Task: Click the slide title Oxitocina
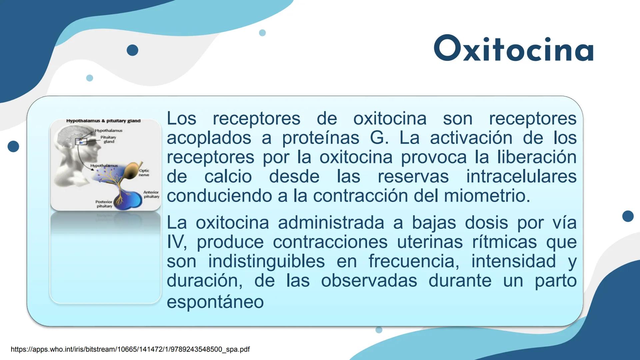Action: tap(514, 49)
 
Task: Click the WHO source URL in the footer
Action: tap(130, 349)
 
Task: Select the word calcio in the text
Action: tap(228, 176)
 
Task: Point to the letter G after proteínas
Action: tap(377, 138)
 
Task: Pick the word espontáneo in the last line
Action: tap(215, 302)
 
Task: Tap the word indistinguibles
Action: tap(266, 261)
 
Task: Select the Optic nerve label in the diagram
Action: tap(144, 173)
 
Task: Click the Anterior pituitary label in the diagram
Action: tap(151, 194)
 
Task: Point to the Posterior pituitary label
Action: tap(104, 204)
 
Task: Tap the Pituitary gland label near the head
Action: tap(108, 139)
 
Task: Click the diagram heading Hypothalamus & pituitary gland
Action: tap(103, 121)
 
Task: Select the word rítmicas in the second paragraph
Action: tap(504, 242)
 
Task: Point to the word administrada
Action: tap(331, 222)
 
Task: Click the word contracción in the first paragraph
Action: tap(360, 196)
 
